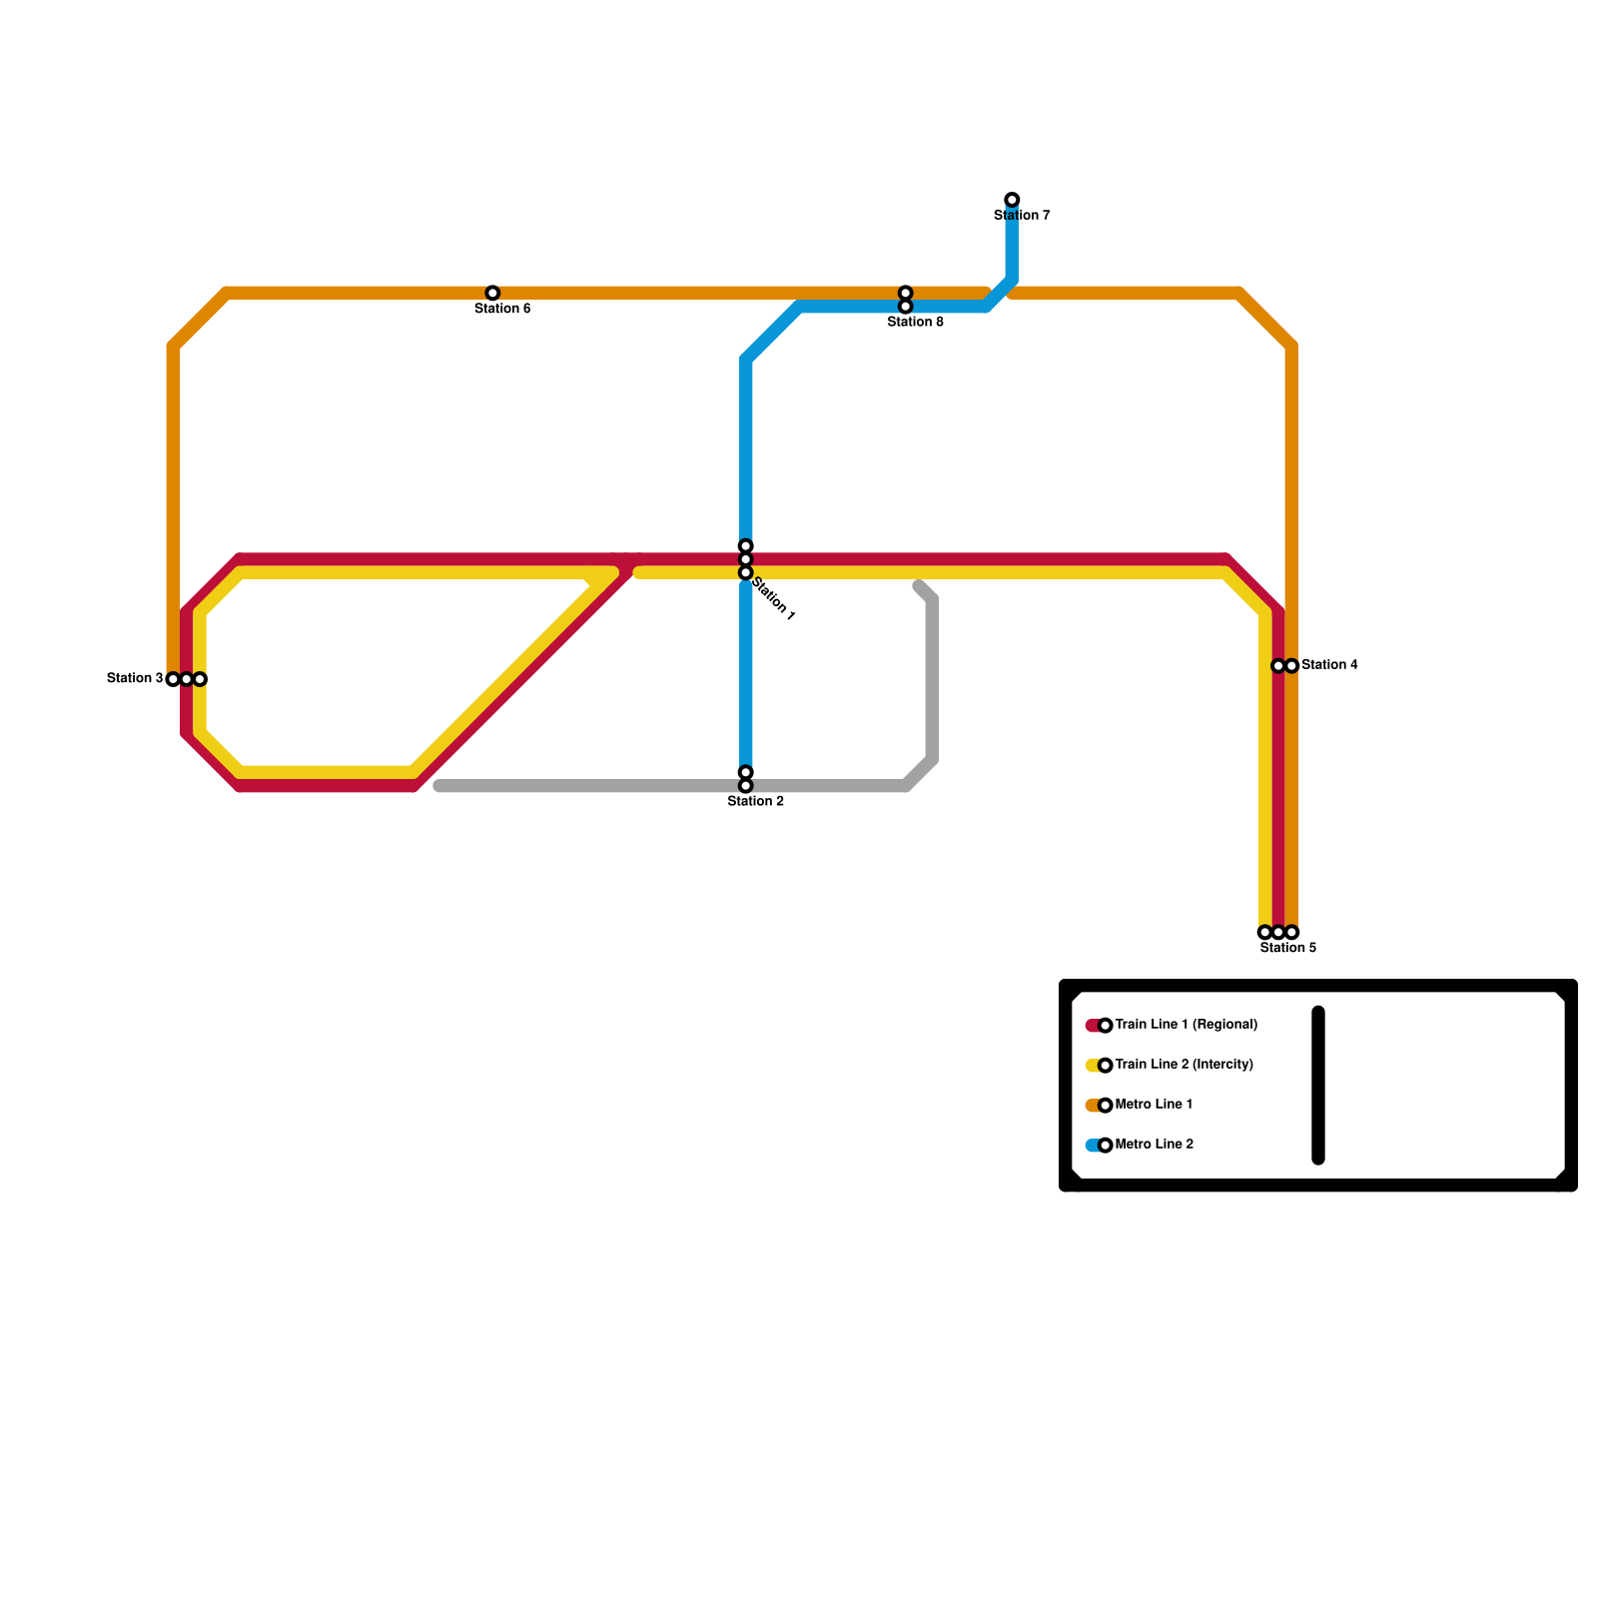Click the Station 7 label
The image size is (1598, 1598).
tap(1022, 216)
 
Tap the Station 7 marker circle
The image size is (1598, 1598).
tap(1012, 200)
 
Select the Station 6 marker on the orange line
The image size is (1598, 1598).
tap(492, 293)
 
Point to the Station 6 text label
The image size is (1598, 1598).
tap(502, 309)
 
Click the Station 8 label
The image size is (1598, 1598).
tap(915, 322)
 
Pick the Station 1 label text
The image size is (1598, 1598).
tap(773, 599)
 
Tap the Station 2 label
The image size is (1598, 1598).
tap(755, 801)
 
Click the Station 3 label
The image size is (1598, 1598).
tap(135, 679)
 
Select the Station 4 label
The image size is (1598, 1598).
tap(1329, 665)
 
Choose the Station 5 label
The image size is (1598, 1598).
tap(1288, 948)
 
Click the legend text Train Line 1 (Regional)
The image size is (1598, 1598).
tap(1186, 1025)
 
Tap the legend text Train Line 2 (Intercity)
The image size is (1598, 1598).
tap(1184, 1065)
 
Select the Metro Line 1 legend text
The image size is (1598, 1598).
tap(1154, 1105)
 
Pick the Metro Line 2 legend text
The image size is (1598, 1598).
tap(1154, 1145)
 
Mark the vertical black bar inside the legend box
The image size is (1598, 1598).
tap(1318, 1086)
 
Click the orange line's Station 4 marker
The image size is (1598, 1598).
tap(1291, 666)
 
